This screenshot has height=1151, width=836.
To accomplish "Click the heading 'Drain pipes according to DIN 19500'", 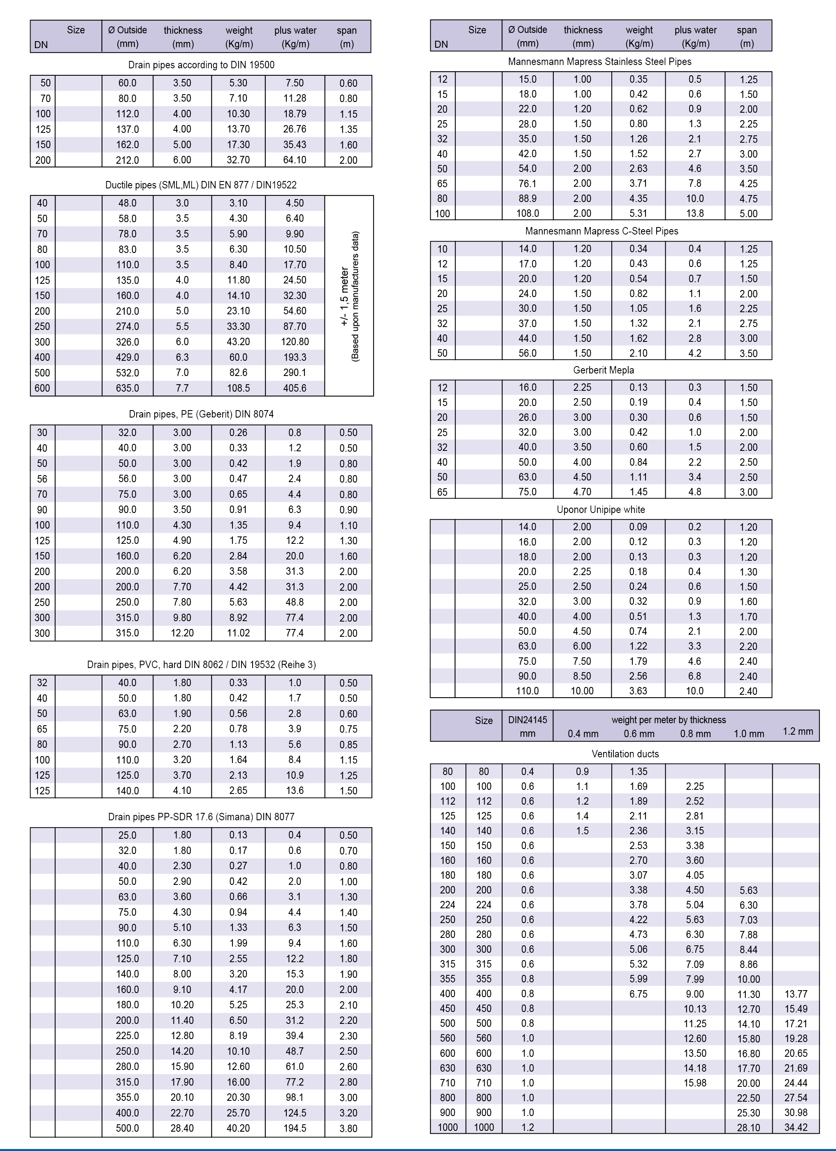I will point(201,65).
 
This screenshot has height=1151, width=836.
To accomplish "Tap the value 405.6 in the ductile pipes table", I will point(295,388).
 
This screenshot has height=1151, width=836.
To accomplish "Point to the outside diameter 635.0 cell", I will point(128,388).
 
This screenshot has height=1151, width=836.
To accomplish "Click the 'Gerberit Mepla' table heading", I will point(604,370).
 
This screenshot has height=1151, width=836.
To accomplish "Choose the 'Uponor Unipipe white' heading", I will point(601,510).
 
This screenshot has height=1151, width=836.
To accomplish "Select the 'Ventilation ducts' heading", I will point(625,754).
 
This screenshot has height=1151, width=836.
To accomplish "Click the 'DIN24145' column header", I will point(527,719).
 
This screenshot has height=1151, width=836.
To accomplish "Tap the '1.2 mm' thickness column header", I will point(797,731).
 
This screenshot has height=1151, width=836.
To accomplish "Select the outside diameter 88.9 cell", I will point(527,198).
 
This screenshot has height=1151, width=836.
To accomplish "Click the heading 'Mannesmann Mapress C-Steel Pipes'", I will point(601,231).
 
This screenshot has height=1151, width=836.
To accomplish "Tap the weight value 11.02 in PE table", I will point(238,633).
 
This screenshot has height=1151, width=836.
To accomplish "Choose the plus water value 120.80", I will point(295,341).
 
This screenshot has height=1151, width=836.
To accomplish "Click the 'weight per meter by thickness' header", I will point(669,719).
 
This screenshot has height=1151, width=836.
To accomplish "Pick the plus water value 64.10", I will point(295,160).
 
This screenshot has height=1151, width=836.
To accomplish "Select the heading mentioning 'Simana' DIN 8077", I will point(201,817).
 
